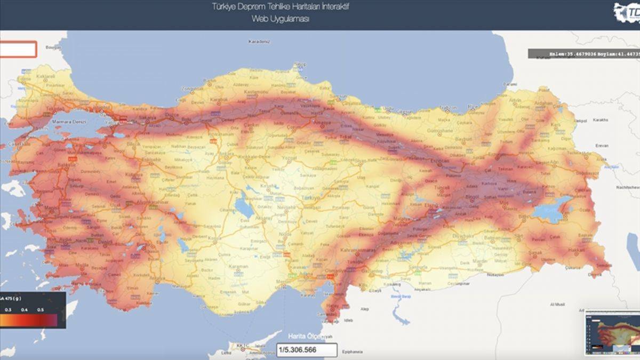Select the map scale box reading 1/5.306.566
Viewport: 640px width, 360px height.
[307, 350]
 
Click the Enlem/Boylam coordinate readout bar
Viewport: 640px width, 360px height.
[583, 54]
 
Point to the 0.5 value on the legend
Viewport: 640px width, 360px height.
[41, 309]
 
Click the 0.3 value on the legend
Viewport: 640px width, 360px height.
[8, 309]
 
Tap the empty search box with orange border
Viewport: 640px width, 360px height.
[18, 49]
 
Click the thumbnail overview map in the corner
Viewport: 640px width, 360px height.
[612, 332]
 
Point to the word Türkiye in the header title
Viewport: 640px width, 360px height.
[223, 7]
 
